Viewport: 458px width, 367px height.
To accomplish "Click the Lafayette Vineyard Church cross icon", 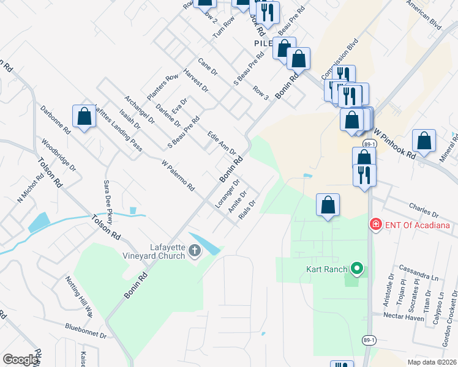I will pos(195,250).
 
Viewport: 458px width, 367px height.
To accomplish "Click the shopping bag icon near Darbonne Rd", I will pos(84,117).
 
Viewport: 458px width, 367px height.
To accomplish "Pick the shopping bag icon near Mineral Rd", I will pos(424,141).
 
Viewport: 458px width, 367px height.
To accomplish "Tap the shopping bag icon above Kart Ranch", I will pos(328,204).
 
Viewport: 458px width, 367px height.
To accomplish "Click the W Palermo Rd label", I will pos(178,176).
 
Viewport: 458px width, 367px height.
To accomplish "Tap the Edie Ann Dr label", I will pos(222,143).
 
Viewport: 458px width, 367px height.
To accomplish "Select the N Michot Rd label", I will pos(29,189).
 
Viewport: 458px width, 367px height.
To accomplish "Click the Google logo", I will pos(21,360).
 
